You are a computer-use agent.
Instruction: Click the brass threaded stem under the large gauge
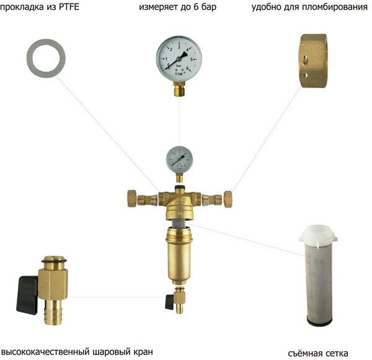pyautogui.click(x=180, y=91)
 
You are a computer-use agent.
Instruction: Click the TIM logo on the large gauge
pyautogui.click(x=179, y=72)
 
